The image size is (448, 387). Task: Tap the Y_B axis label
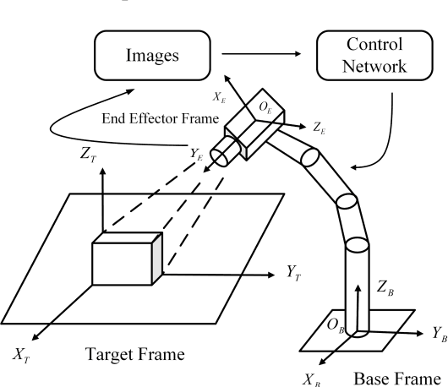[438, 332]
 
